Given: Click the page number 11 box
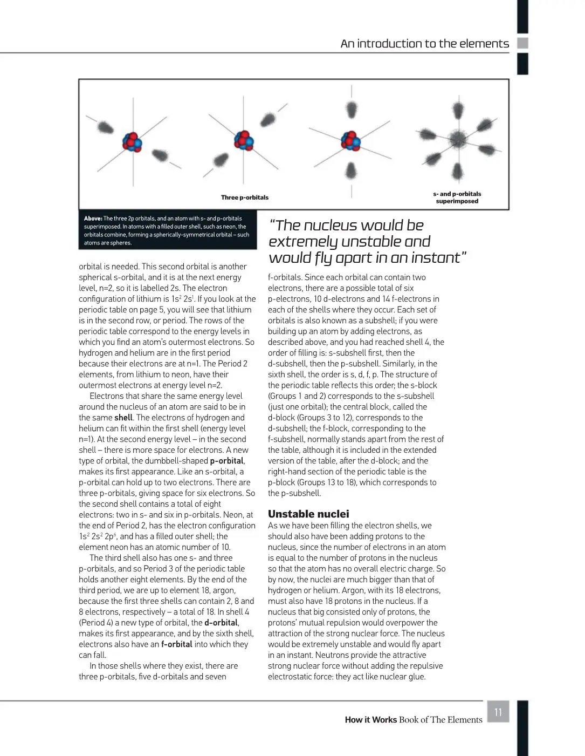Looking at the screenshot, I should click(498, 712).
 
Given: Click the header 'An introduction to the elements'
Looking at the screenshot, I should click(424, 44).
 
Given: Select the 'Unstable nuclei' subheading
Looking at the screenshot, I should click(308, 514).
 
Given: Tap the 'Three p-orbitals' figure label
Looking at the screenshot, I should click(244, 197).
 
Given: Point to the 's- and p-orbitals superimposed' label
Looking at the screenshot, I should click(457, 197).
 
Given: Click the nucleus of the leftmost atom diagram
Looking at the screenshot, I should click(132, 142).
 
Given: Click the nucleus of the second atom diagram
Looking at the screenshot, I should click(243, 140).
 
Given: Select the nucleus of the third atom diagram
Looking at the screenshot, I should click(351, 141).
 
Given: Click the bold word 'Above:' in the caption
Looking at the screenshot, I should click(93, 219).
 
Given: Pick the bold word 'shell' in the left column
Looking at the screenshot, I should click(123, 418).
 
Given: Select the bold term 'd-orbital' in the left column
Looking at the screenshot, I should click(221, 623).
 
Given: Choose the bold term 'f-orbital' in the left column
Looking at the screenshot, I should click(176, 644).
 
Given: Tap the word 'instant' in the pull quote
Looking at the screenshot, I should click(435, 258).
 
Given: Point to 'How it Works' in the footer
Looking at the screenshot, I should click(370, 720).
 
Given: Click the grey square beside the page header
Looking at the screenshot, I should click(522, 43).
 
